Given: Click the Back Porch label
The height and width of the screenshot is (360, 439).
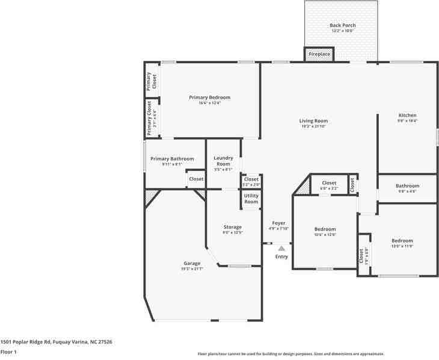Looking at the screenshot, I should point(343,25).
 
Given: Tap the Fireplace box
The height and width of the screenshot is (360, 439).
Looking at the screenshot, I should point(319,54).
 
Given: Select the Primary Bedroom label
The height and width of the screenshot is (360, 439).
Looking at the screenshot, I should point(209,98).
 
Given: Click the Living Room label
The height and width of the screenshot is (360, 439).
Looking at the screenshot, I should point(313,121).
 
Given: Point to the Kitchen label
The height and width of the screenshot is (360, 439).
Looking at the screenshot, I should point(407,116).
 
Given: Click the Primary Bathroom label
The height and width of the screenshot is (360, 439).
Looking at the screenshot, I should point(172,159).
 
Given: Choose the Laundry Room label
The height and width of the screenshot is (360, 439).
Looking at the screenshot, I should point(223,161).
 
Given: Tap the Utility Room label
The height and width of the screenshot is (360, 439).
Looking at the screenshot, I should point(251,199).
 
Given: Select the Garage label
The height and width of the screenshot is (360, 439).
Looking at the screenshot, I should point(192,264).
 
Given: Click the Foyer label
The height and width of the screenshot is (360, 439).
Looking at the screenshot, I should point(278,223).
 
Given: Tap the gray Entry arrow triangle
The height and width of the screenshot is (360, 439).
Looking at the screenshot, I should point(281,247).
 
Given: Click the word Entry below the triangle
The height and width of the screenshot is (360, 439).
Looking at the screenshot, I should point(281,257).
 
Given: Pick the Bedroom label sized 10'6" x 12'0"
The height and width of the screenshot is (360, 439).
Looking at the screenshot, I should point(325,229).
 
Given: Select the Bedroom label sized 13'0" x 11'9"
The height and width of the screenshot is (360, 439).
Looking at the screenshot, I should point(402,240).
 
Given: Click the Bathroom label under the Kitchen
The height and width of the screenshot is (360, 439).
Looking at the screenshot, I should point(407,186).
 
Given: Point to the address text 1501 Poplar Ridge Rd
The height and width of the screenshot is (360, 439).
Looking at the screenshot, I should point(56,342).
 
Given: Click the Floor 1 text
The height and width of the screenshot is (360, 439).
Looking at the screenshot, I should point(8,352).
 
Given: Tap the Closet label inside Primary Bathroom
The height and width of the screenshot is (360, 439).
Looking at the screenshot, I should point(196,179).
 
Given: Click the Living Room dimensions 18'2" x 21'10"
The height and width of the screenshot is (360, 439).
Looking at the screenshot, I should point(313,126).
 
